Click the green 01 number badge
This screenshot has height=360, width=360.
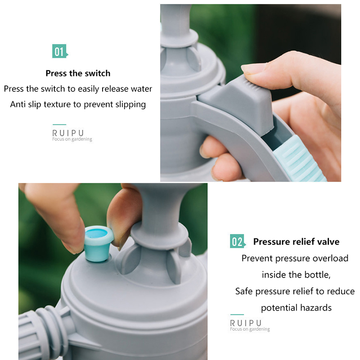(60, 51)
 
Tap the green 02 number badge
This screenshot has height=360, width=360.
(238, 241)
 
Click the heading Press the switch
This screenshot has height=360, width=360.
(78, 73)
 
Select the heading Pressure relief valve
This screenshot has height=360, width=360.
(296, 242)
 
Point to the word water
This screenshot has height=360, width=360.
(141, 89)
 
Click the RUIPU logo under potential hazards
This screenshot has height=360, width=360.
(250, 325)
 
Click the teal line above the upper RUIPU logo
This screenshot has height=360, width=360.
(59, 125)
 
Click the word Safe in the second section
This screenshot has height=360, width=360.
(244, 291)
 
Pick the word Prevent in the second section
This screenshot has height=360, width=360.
(257, 258)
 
